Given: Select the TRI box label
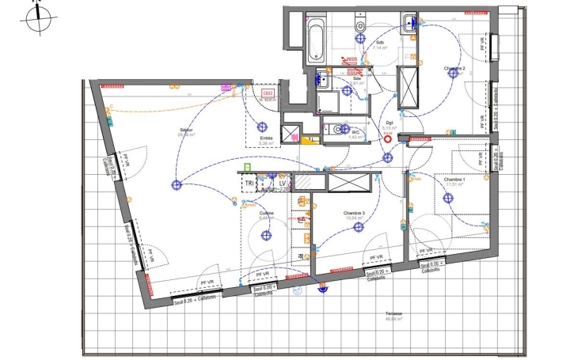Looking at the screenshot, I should [249, 183].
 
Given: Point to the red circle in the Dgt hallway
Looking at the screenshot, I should [388, 135].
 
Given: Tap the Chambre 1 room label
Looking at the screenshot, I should [454, 180].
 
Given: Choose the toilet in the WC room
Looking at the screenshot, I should [339, 128].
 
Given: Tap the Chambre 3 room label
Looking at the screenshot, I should [354, 213].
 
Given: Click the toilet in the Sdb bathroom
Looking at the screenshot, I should [412, 25].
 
